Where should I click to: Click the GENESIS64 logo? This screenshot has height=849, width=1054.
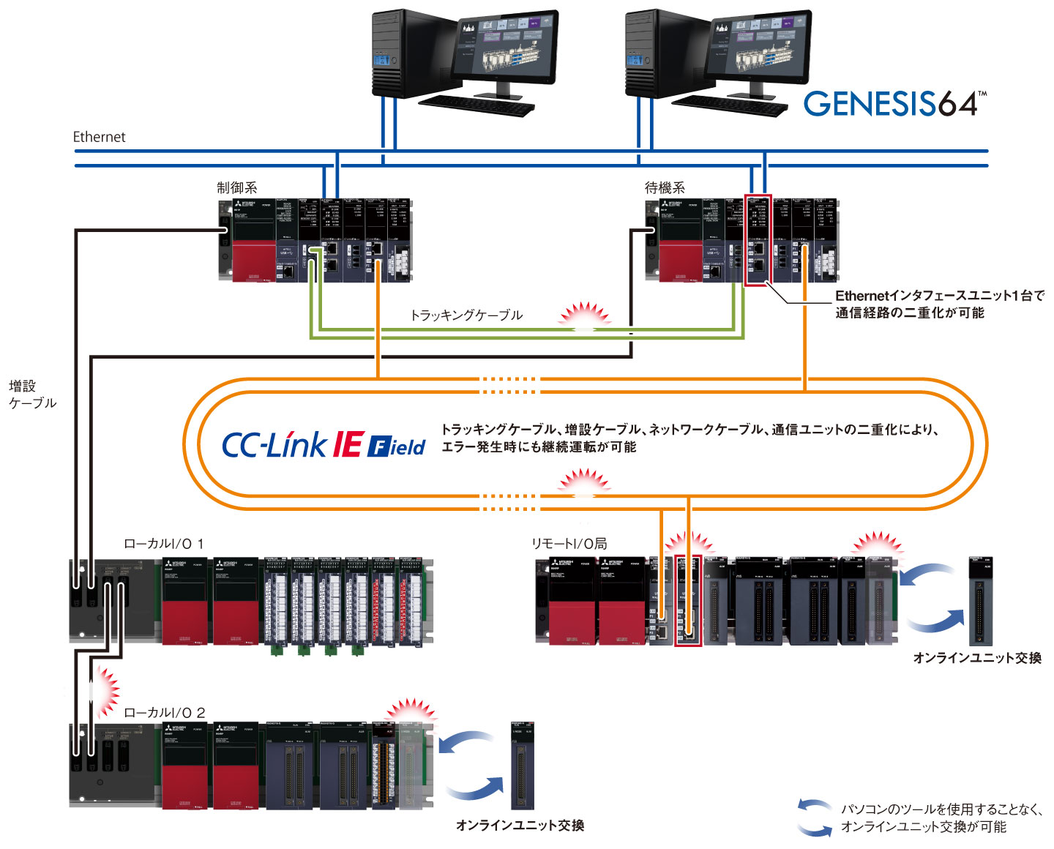click(x=894, y=104)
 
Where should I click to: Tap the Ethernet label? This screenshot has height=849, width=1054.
click(x=99, y=137)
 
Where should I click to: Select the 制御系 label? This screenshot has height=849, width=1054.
click(x=236, y=188)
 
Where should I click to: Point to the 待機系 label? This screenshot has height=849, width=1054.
click(x=665, y=188)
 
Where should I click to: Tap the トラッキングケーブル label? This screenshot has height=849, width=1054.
click(x=466, y=315)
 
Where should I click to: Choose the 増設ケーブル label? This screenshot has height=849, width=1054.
click(x=32, y=394)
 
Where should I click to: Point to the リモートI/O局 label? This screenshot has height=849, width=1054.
click(x=569, y=544)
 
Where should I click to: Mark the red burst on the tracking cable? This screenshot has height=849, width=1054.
click(x=584, y=315)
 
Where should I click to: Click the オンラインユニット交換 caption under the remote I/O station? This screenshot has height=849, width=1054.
click(x=976, y=658)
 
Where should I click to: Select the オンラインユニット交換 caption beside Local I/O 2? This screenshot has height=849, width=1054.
click(x=520, y=826)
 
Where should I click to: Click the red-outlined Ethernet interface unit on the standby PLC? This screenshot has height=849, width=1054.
click(x=758, y=240)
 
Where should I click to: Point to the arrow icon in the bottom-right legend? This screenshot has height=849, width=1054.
click(x=815, y=818)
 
